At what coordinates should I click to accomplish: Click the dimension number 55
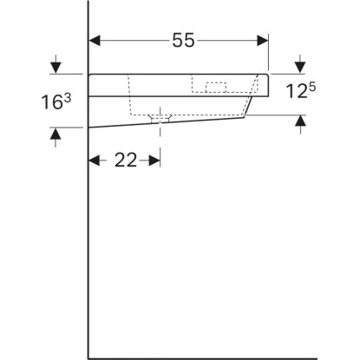[184, 40]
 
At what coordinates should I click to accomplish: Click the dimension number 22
[126, 160]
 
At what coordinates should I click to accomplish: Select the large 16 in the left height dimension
[52, 102]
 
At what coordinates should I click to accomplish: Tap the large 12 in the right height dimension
[296, 90]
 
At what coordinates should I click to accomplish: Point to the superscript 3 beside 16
[68, 98]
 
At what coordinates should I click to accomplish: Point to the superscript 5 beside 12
[311, 87]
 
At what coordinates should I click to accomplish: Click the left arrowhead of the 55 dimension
[95, 41]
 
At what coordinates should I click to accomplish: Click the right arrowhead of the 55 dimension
[263, 41]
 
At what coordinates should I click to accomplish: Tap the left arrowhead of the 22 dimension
[95, 160]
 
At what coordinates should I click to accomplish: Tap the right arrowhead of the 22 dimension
[154, 160]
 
